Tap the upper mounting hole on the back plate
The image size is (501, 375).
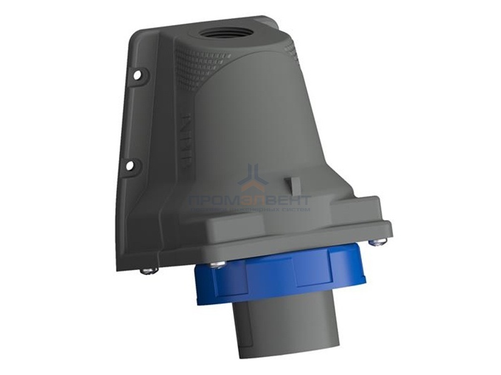click(x=137, y=75)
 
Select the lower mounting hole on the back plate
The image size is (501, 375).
click(x=129, y=166)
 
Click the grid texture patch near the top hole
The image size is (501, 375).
click(x=199, y=62)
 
